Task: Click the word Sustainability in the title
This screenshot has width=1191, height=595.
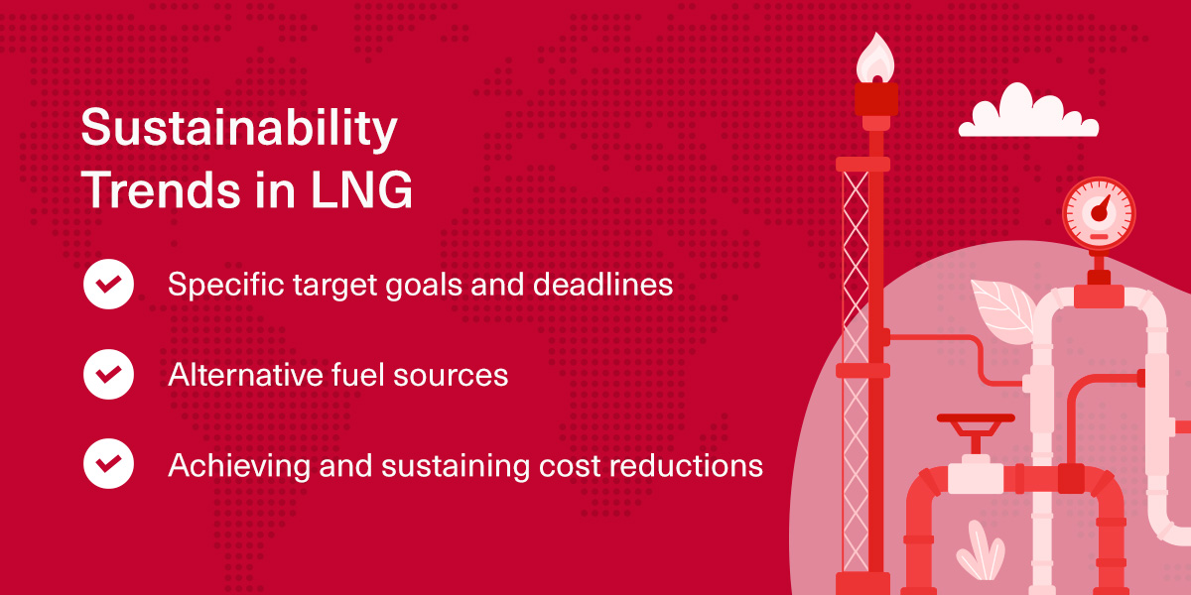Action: [239, 129]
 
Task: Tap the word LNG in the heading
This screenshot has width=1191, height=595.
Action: [361, 189]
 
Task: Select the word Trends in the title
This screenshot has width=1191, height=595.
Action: [161, 189]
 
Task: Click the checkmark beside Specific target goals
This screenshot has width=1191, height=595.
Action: [108, 284]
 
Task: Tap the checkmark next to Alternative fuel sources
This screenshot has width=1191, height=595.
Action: [108, 374]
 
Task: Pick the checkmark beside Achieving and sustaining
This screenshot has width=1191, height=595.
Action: [108, 463]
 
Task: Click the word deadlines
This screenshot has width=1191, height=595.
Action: [603, 285]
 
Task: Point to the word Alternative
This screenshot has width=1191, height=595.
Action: [244, 375]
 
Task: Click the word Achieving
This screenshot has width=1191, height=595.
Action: [239, 466]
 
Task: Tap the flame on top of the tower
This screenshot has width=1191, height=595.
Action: [875, 59]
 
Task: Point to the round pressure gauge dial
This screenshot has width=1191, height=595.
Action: [1099, 213]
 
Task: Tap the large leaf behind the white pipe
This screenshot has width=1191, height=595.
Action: [1003, 310]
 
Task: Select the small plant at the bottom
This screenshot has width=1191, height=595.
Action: [981, 551]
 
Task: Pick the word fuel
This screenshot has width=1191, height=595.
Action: [358, 375]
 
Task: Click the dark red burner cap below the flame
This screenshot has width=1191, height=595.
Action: [876, 99]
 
